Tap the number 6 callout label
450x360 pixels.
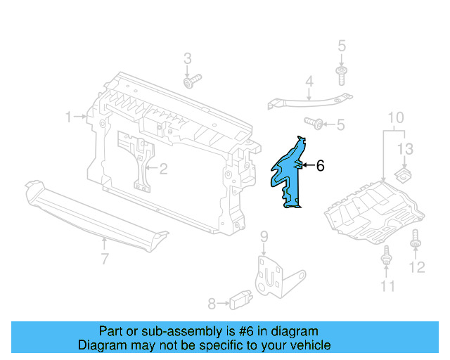click(x=320, y=166)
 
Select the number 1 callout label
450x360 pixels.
click(x=69, y=117)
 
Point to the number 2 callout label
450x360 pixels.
click(x=163, y=168)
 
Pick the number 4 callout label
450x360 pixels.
click(x=309, y=83)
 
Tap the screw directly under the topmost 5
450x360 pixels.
click(x=341, y=75)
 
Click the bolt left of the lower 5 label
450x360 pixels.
click(x=319, y=124)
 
